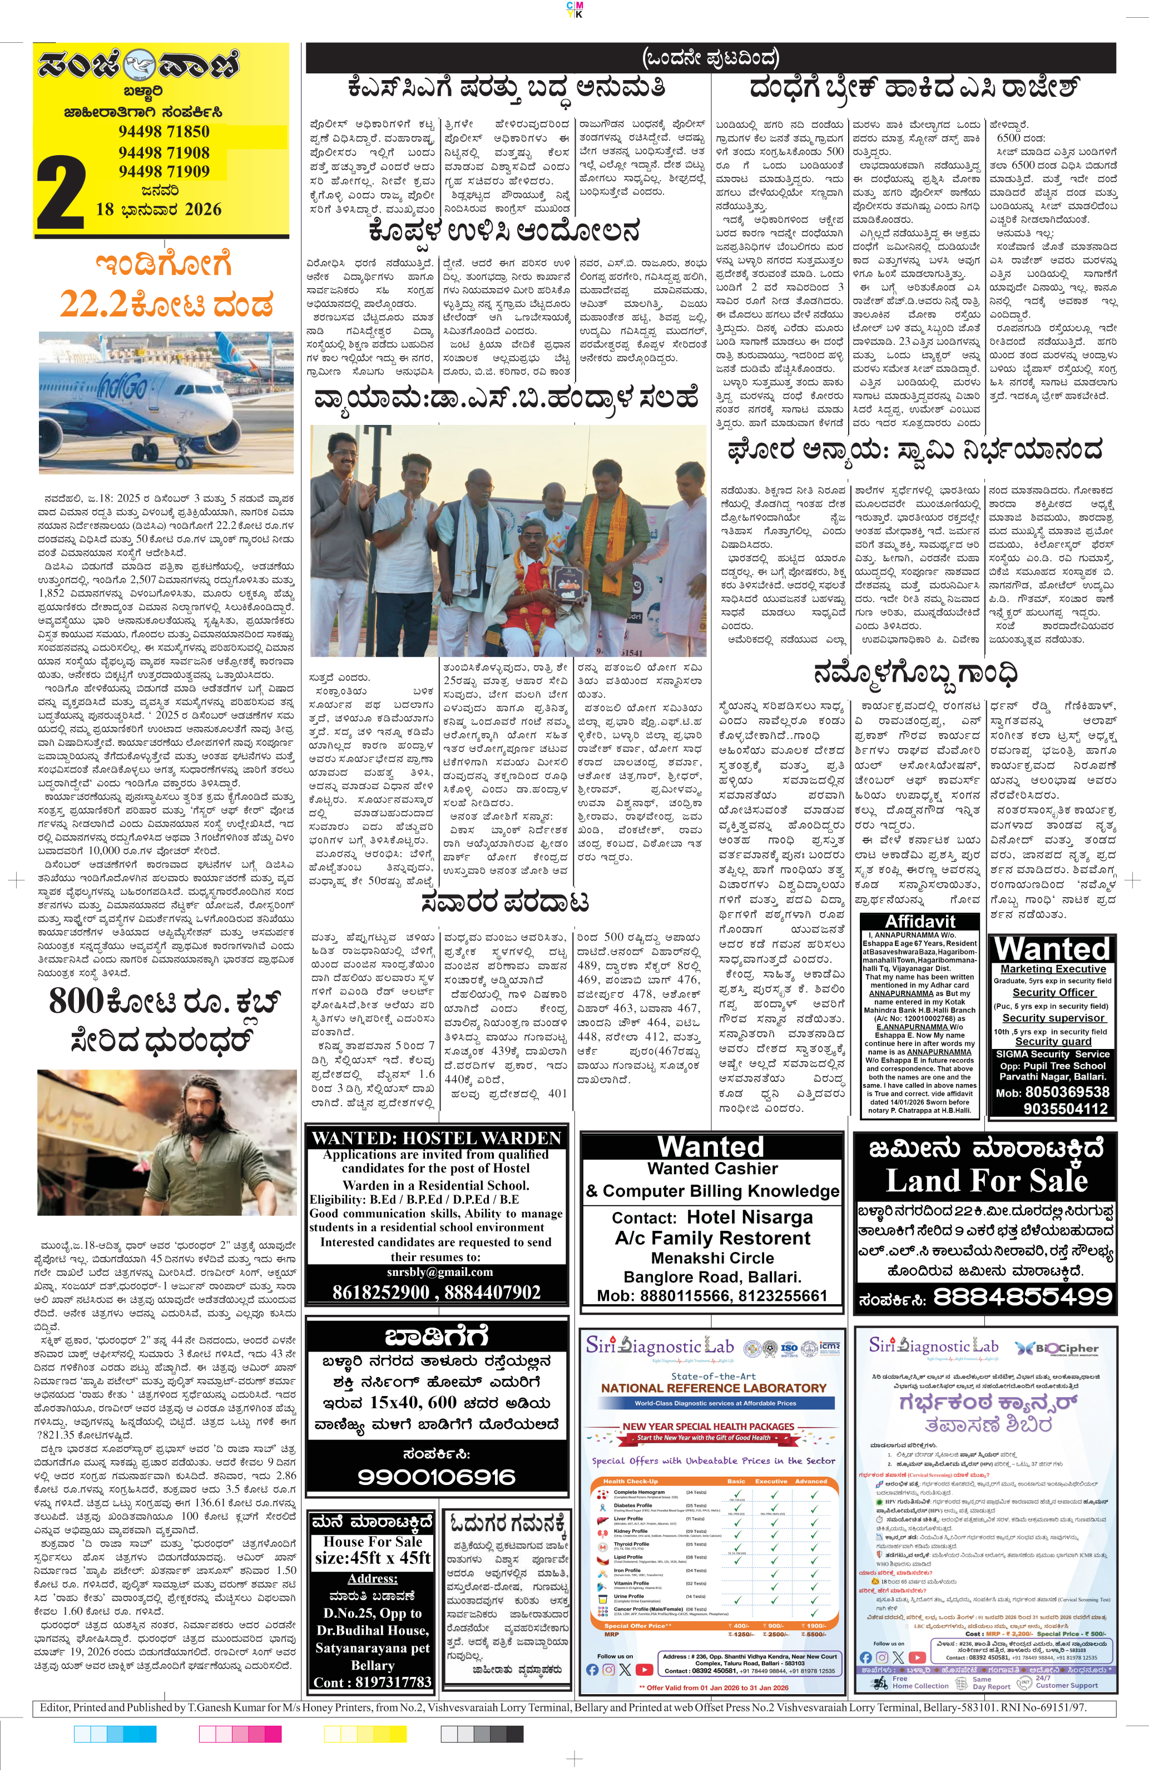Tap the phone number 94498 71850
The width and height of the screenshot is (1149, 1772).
pyautogui.click(x=164, y=132)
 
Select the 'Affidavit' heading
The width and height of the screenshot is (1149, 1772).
pyautogui.click(x=921, y=921)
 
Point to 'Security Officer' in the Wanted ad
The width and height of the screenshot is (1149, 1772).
pyautogui.click(x=1053, y=992)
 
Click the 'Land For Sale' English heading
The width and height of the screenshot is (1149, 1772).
pyautogui.click(x=986, y=1181)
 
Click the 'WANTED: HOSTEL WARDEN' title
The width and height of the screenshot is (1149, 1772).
pyautogui.click(x=437, y=1137)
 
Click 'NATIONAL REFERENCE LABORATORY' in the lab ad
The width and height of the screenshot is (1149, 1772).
pyautogui.click(x=714, y=1388)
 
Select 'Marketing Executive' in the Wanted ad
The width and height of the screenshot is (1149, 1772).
pyautogui.click(x=1053, y=969)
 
